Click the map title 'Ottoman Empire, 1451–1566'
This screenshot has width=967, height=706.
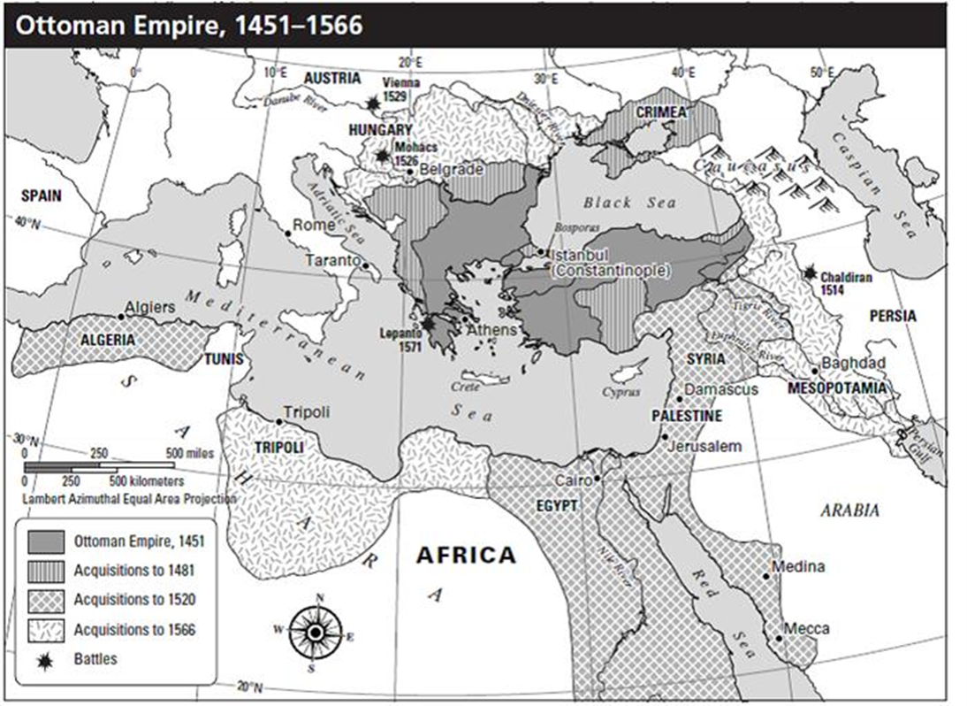click(185, 24)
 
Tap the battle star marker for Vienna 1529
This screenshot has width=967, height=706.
click(373, 104)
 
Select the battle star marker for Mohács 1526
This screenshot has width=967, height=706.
click(382, 156)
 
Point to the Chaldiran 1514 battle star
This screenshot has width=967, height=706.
click(810, 272)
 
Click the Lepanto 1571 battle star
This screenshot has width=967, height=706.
click(430, 324)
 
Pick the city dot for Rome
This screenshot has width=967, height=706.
click(289, 233)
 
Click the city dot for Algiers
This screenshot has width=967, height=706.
click(121, 316)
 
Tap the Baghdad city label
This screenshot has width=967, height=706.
click(852, 363)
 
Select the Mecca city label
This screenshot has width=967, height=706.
click(807, 628)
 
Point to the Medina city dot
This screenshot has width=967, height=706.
click(766, 576)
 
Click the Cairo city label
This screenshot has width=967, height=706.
click(572, 480)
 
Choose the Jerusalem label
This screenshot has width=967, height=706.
click(705, 447)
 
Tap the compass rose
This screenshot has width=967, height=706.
click(315, 631)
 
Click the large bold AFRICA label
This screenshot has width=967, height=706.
click(466, 555)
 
